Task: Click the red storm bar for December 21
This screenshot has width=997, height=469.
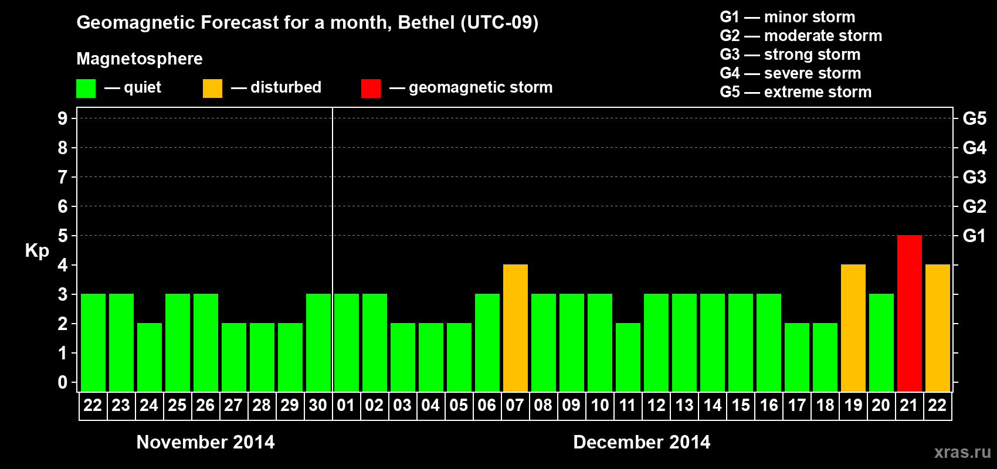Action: click(909, 314)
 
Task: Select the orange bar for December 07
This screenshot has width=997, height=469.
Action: click(515, 328)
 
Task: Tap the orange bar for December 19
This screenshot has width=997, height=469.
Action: click(853, 328)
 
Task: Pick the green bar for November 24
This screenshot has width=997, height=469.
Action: click(149, 358)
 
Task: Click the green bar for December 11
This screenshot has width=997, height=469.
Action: click(628, 358)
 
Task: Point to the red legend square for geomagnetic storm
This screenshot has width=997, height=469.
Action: click(371, 89)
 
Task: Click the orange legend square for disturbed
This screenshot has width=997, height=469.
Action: click(212, 89)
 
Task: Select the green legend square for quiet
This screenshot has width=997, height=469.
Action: click(86, 89)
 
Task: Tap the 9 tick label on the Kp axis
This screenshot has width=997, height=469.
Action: click(63, 118)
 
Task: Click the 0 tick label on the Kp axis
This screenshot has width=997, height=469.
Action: click(63, 383)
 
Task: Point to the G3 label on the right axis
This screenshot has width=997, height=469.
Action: click(974, 177)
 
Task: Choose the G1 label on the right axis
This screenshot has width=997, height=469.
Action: click(974, 236)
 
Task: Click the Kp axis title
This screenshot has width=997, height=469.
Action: click(37, 251)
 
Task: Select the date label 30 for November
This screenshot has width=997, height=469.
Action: click(318, 406)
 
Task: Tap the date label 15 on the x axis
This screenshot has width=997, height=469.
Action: click(740, 406)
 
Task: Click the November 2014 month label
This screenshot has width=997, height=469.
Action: click(205, 442)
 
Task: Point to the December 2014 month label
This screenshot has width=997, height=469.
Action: click(642, 442)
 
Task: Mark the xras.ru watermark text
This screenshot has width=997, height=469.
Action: click(962, 452)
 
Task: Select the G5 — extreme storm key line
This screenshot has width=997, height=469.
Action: click(795, 92)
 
